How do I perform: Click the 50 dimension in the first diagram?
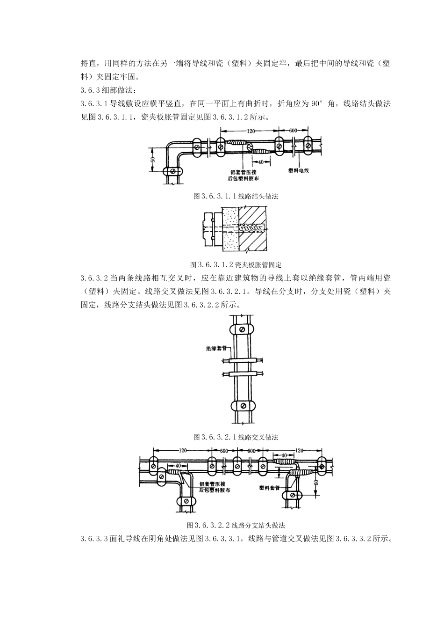(x=152, y=160)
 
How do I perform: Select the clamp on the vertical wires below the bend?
(x=172, y=171)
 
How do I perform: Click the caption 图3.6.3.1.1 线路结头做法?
(x=236, y=197)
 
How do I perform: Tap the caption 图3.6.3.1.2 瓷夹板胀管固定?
(x=236, y=264)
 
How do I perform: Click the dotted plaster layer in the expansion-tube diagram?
(x=231, y=229)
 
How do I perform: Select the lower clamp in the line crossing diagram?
(x=242, y=405)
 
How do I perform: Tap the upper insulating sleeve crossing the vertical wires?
(x=242, y=361)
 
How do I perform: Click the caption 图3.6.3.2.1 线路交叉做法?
(x=236, y=437)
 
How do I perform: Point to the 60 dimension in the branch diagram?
(x=316, y=482)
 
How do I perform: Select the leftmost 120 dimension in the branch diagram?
(x=182, y=450)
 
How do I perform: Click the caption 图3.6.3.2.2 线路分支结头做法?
(x=236, y=525)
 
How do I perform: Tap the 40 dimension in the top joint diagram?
(x=261, y=162)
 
